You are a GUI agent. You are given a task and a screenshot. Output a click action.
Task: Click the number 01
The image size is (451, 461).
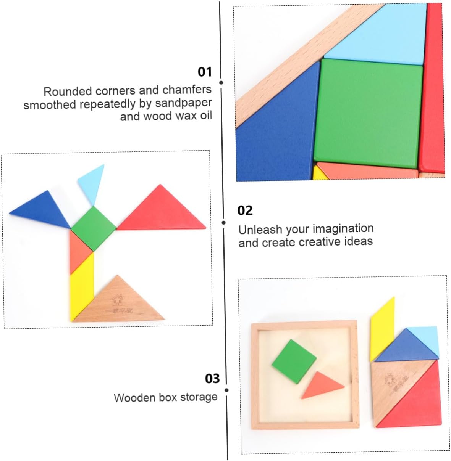[x=204, y=72]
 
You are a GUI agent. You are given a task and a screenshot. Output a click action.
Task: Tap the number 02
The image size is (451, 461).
[x=245, y=210]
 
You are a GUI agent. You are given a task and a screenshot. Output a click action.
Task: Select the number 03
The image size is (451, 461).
[x=212, y=378]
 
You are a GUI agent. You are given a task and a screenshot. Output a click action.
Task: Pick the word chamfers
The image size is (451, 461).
[x=187, y=90]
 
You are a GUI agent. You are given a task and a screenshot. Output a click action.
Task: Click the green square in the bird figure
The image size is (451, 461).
[x=94, y=228]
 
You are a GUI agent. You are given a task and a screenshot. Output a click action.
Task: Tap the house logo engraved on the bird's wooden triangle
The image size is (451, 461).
[x=117, y=300]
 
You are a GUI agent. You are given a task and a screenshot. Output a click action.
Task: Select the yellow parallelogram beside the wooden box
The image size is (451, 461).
[x=382, y=328]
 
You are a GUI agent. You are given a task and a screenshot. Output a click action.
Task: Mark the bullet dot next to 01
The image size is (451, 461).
[x=221, y=82]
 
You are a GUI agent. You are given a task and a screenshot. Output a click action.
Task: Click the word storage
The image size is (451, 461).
[x=199, y=397]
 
